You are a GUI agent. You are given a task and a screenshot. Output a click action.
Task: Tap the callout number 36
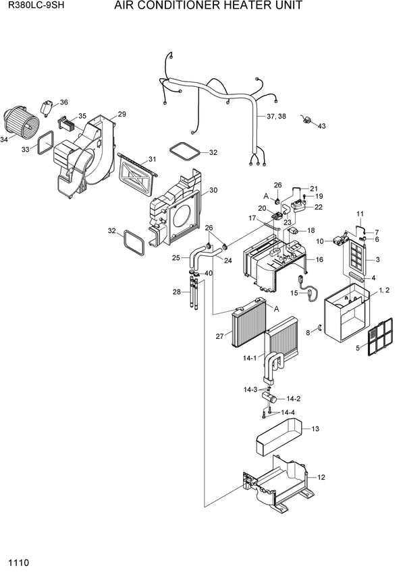coord(63,102)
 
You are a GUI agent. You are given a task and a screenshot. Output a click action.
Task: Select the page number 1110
coord(18,561)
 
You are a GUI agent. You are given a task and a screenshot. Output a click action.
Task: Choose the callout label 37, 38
coord(277,116)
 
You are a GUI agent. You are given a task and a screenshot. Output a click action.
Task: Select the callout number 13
coord(315,428)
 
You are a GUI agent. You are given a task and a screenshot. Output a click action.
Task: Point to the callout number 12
coord(321,477)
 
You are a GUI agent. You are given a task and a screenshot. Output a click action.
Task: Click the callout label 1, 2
coord(383,290)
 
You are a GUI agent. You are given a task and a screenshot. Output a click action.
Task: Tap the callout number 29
coord(122,114)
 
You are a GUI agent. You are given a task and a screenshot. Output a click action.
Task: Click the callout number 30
coord(213,190)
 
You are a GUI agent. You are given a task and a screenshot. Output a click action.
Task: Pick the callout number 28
coord(177,292)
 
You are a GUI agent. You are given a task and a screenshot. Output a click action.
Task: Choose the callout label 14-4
coord(288,412)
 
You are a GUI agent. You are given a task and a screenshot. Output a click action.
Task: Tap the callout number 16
coord(320,259)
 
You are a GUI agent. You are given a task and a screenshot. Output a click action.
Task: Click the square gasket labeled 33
coord(45,142)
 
